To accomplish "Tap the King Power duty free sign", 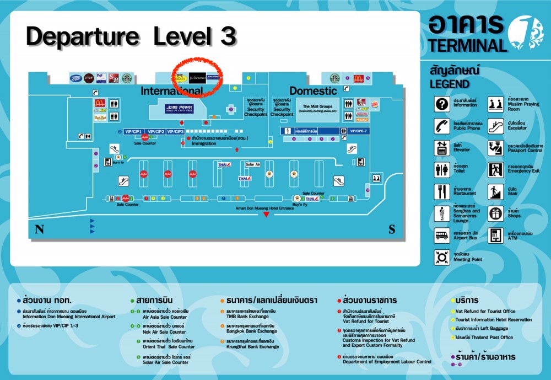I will pos(179,108).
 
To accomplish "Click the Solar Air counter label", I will pos(253,164).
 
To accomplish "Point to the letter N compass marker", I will pos(39,229).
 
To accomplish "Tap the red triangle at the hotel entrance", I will pos(267,214).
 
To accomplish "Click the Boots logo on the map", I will pos(75,78).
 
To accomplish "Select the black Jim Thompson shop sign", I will pos(197,78).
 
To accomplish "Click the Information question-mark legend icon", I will pos(442,104).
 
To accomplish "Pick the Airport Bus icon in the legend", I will pos(442,236).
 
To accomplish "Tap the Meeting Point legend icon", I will pos(442,256).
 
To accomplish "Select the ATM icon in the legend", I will pos(496,236).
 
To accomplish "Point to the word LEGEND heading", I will pos(450,84).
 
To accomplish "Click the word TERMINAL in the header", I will pos(467,45).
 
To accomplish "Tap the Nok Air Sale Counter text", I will pos(165,331).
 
